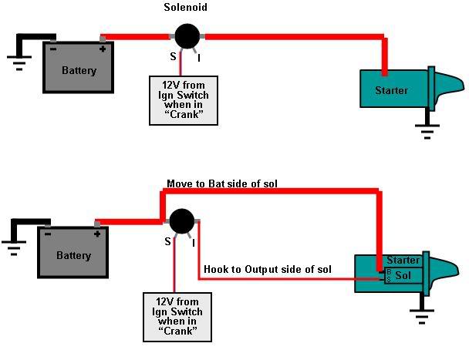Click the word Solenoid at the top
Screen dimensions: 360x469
point(184,7)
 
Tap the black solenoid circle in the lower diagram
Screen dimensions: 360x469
point(182,221)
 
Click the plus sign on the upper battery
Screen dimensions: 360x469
point(102,49)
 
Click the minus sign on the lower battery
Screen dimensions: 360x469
point(49,234)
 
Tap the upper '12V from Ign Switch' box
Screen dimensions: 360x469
point(184,99)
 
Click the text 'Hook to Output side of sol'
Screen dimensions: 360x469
point(267,269)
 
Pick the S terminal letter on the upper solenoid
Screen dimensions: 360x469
point(172,57)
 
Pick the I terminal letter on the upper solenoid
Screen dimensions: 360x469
point(200,57)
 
